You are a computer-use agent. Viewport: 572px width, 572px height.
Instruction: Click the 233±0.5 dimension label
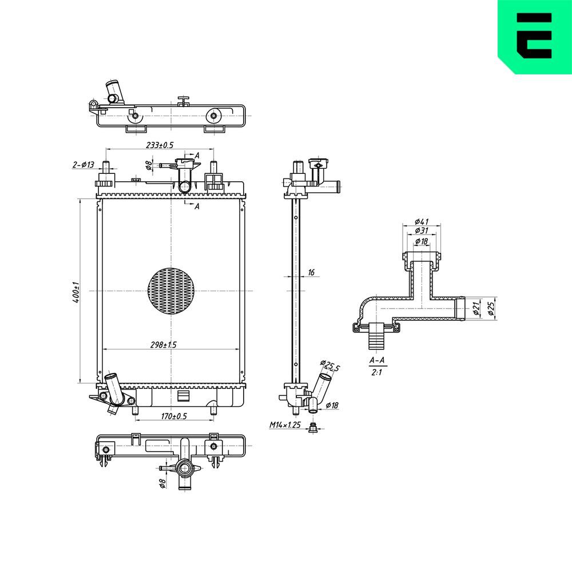click(x=160, y=145)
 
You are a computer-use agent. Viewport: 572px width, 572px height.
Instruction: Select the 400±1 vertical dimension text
click(x=76, y=292)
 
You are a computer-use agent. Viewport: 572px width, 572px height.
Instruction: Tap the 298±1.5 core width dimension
click(x=163, y=345)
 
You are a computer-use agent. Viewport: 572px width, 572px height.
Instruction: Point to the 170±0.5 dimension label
click(x=174, y=416)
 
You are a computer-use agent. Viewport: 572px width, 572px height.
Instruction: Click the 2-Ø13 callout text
click(x=83, y=165)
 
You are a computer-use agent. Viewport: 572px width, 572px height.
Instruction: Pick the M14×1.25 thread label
click(x=285, y=424)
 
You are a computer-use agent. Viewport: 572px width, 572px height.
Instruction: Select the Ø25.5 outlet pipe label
click(x=330, y=366)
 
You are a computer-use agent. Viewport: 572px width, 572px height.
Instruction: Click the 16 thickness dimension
click(x=311, y=272)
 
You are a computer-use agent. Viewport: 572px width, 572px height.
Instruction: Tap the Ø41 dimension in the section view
click(x=422, y=221)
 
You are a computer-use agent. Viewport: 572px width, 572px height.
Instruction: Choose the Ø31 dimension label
click(x=422, y=231)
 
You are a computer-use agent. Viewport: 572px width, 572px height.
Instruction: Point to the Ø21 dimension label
click(x=476, y=308)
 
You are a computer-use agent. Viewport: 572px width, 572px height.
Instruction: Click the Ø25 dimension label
click(x=491, y=308)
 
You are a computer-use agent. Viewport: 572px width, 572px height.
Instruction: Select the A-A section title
click(x=377, y=360)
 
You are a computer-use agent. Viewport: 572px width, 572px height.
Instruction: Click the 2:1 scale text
click(x=376, y=372)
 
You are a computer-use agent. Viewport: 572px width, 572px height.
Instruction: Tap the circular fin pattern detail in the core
click(x=171, y=291)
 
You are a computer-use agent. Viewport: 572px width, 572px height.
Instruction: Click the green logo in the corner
click(x=535, y=37)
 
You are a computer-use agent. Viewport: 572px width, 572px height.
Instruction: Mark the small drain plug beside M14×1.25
click(x=312, y=427)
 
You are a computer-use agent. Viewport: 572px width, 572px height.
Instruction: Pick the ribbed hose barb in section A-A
click(x=376, y=336)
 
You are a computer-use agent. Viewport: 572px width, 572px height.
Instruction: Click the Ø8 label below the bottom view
click(x=162, y=483)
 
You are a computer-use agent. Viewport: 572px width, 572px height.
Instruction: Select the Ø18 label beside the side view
click(x=332, y=405)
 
